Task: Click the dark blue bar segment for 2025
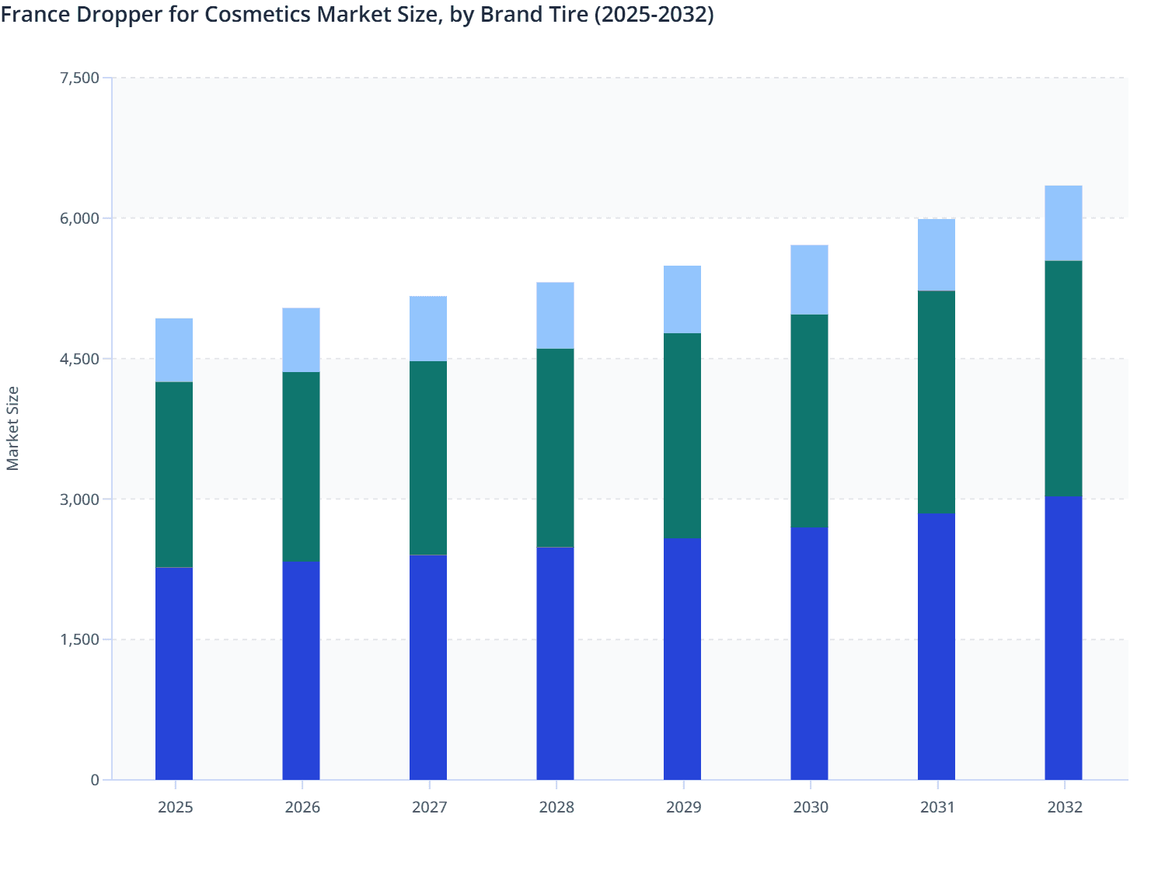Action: pyautogui.click(x=174, y=673)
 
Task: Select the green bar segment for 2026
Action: pyautogui.click(x=301, y=467)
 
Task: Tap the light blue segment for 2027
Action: pyautogui.click(x=428, y=329)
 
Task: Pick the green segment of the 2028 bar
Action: pyautogui.click(x=555, y=447)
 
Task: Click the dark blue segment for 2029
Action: pyautogui.click(x=682, y=659)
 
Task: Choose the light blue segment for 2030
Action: pyautogui.click(x=809, y=280)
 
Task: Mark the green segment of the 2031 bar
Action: pyautogui.click(x=937, y=402)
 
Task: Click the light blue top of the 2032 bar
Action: pyautogui.click(x=1063, y=223)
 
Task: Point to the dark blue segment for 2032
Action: pyautogui.click(x=1063, y=638)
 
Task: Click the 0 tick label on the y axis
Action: pyautogui.click(x=95, y=780)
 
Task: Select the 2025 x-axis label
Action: pyautogui.click(x=175, y=807)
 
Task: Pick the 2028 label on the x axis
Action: pyautogui.click(x=556, y=807)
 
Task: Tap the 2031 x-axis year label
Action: pyautogui.click(x=937, y=807)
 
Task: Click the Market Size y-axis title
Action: pyautogui.click(x=13, y=428)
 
